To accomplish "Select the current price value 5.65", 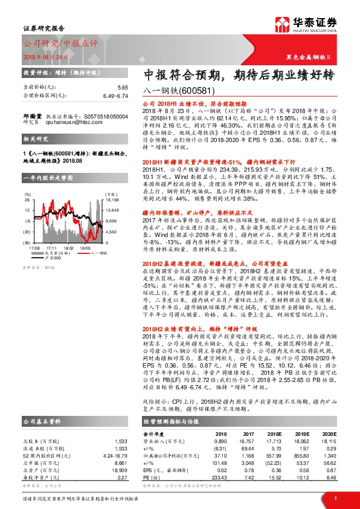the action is [123, 87].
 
